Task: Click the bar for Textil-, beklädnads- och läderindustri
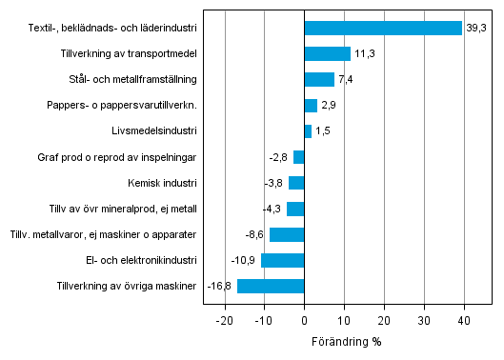click(x=383, y=28)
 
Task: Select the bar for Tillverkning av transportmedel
click(x=327, y=53)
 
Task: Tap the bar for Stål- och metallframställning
click(x=319, y=79)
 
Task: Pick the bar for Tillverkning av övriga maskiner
click(x=271, y=286)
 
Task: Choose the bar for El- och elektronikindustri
click(x=282, y=260)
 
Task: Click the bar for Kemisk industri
click(x=296, y=183)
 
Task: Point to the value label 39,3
click(x=475, y=29)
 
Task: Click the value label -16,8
click(x=220, y=286)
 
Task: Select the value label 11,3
click(x=364, y=54)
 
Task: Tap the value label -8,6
click(x=255, y=234)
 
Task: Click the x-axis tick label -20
click(x=224, y=322)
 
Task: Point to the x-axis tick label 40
click(x=464, y=322)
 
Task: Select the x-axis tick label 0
click(x=304, y=322)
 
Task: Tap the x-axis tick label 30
click(x=424, y=322)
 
